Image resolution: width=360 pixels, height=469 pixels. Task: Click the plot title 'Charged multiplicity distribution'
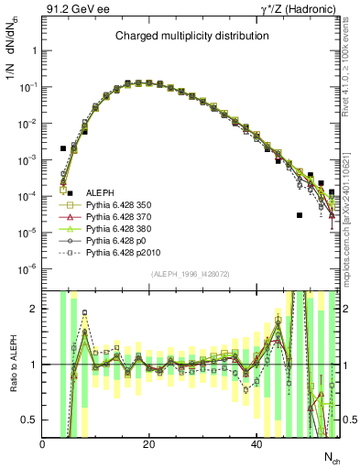[x=191, y=36]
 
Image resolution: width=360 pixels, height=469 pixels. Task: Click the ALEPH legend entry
[x=100, y=191]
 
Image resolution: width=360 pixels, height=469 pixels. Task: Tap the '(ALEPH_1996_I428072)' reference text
[x=191, y=274]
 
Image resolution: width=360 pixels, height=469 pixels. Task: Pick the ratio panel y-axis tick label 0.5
[x=31, y=420]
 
